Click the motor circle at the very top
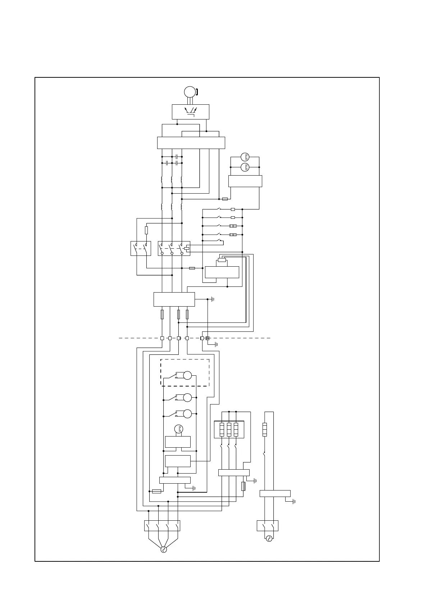[189, 92]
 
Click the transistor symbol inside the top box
[190, 111]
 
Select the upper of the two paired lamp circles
[245, 157]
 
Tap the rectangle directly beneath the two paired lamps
[245, 181]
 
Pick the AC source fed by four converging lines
[164, 549]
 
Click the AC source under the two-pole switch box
[269, 538]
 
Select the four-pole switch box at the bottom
[162, 526]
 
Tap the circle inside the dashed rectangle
[187, 375]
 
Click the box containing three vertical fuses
[229, 429]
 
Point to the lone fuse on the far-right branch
[265, 429]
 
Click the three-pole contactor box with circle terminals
[174, 248]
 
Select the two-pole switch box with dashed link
[141, 248]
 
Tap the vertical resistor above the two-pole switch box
[146, 230]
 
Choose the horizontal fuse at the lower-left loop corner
[156, 491]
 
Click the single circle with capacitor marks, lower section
[179, 429]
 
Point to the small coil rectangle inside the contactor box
[186, 248]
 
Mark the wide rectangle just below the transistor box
[191, 143]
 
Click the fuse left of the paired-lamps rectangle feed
[225, 199]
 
